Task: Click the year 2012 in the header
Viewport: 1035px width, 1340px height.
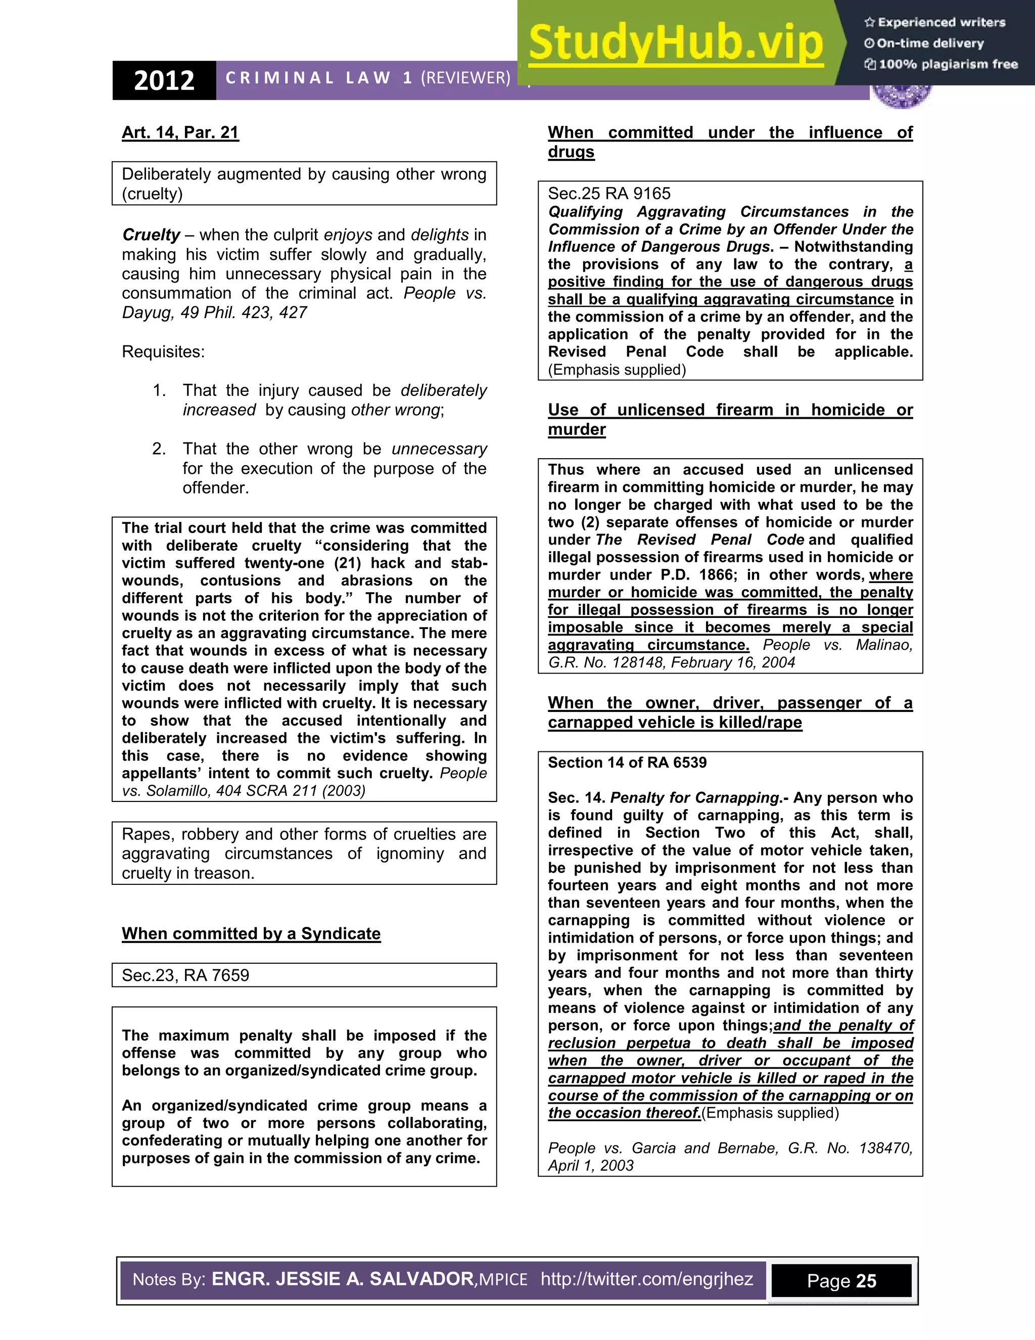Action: click(164, 80)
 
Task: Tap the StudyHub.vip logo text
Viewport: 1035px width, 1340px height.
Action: click(675, 43)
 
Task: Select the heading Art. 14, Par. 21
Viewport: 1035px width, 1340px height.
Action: click(180, 132)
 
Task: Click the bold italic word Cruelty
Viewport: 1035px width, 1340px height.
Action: click(151, 235)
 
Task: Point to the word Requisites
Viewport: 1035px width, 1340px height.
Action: click(163, 351)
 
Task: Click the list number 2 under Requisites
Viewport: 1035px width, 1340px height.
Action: click(158, 449)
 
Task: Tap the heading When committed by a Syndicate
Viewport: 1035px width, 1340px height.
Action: click(251, 933)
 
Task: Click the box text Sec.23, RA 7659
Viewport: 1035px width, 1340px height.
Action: click(185, 975)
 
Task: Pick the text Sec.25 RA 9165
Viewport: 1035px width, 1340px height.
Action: click(609, 193)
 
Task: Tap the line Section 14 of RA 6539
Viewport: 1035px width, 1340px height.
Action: click(627, 762)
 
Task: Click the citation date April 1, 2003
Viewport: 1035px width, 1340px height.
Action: click(590, 1165)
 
